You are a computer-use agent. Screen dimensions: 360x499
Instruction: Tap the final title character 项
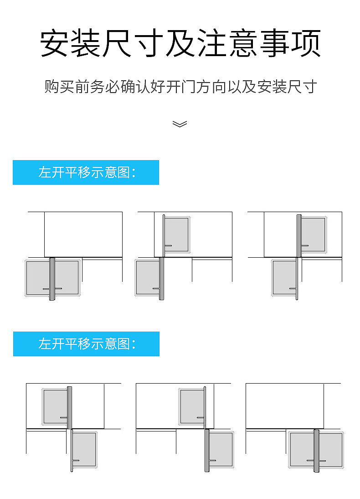coord(306,44)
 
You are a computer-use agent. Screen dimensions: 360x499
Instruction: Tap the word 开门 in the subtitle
coord(180,87)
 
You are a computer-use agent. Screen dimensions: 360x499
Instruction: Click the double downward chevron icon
coord(180,124)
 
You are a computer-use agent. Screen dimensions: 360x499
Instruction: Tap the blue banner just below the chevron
coord(86,172)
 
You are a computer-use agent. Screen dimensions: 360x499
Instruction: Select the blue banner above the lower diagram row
coord(86,344)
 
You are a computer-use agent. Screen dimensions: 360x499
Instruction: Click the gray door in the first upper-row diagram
coord(39,278)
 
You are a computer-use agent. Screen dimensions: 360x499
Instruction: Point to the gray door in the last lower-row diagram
coord(301,449)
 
